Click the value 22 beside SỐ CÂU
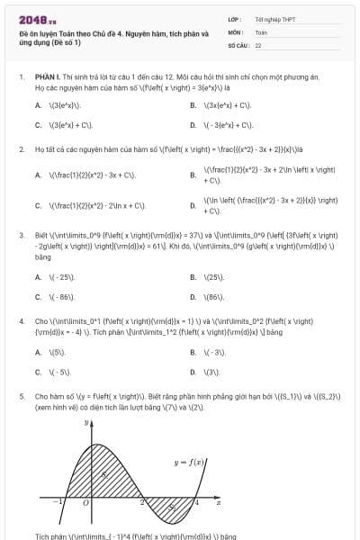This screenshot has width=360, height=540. point(258,43)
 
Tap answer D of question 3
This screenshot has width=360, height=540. point(212,296)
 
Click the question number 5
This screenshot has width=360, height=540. point(21,395)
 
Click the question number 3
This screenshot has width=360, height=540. point(21,235)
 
